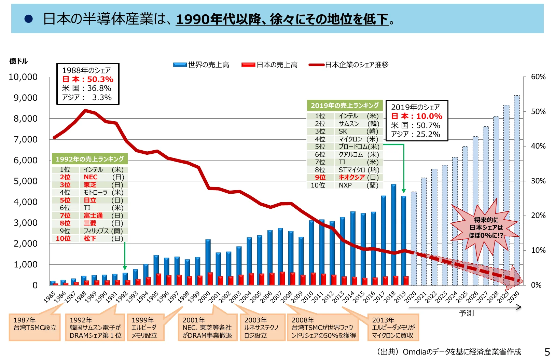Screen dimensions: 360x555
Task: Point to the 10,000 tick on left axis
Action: point(23,77)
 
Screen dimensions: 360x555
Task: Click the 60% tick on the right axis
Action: point(538,77)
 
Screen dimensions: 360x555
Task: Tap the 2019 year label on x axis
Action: point(400,296)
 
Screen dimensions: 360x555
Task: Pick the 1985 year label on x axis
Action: point(50,297)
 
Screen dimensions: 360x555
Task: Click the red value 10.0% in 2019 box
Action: point(429,116)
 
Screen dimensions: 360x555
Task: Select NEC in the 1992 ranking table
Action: point(91,177)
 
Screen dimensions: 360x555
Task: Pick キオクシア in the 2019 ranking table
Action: point(351,177)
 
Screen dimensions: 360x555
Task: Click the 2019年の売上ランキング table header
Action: point(345,106)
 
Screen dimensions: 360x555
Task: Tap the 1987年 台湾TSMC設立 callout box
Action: point(35,327)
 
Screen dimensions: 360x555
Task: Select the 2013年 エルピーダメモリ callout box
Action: point(393,327)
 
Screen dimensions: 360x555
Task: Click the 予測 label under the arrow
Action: point(466,313)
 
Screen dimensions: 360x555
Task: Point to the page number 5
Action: point(547,352)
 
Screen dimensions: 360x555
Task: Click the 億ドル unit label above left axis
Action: point(18,61)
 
